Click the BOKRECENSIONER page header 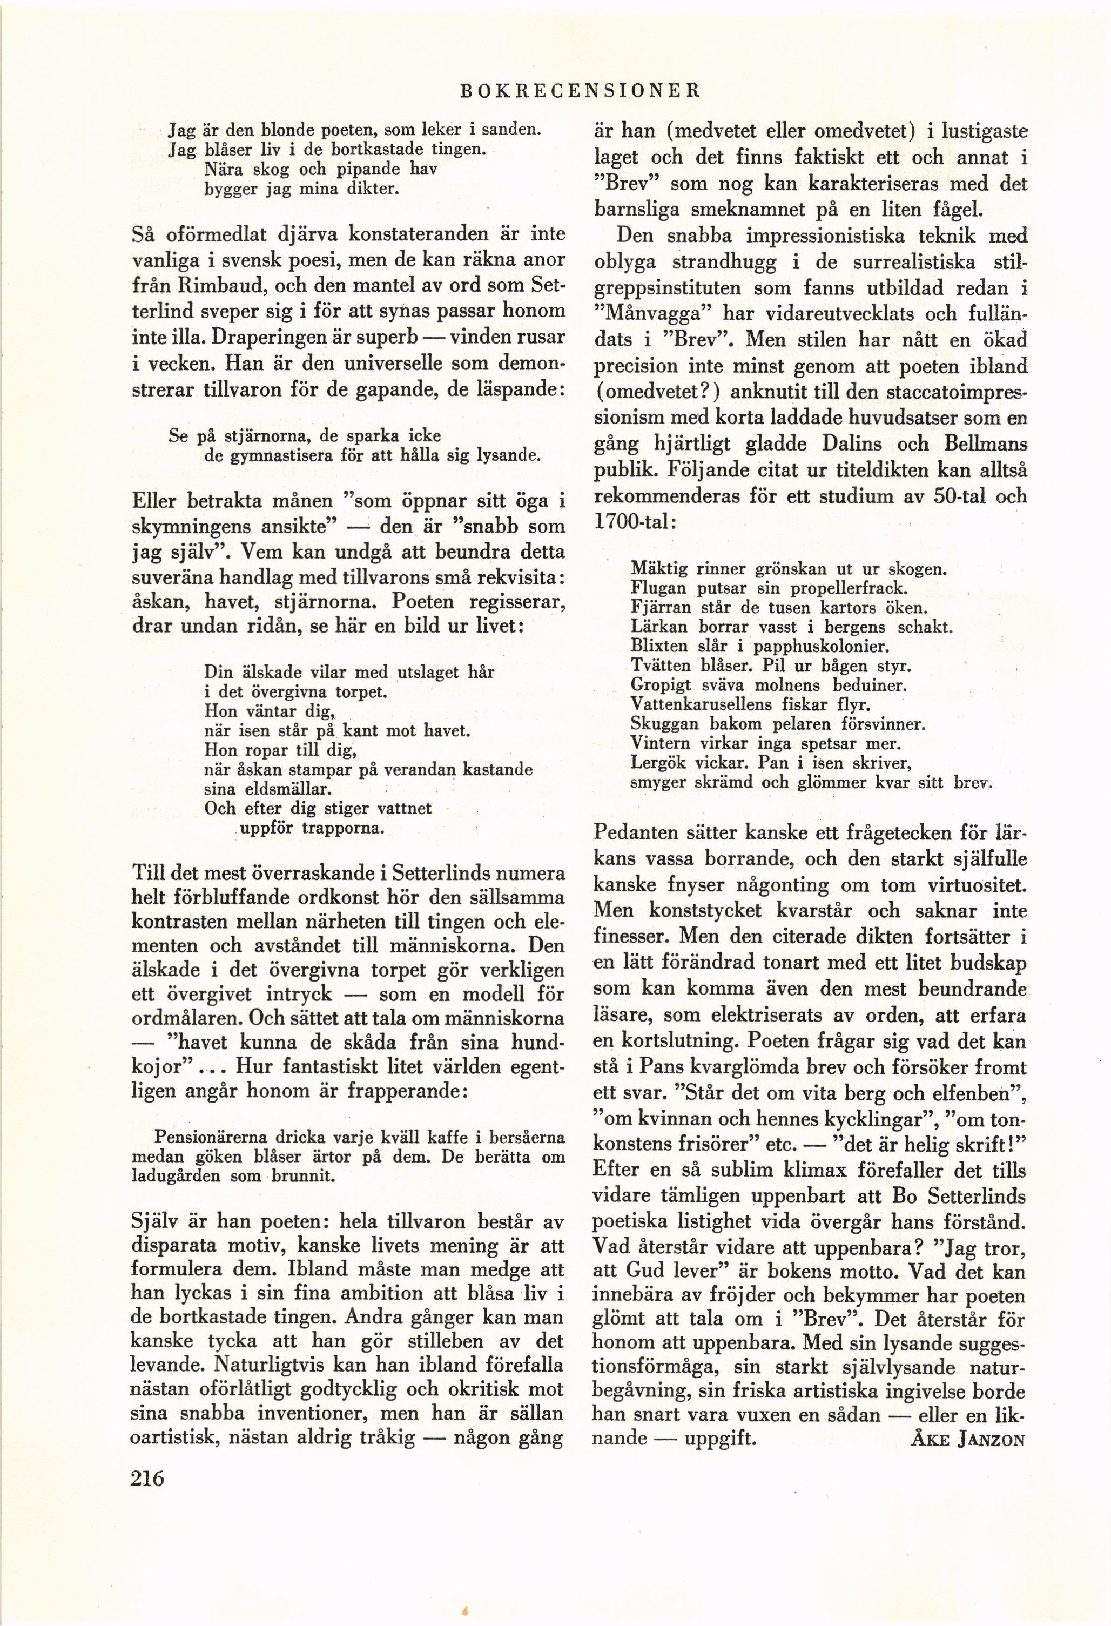(578, 90)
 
